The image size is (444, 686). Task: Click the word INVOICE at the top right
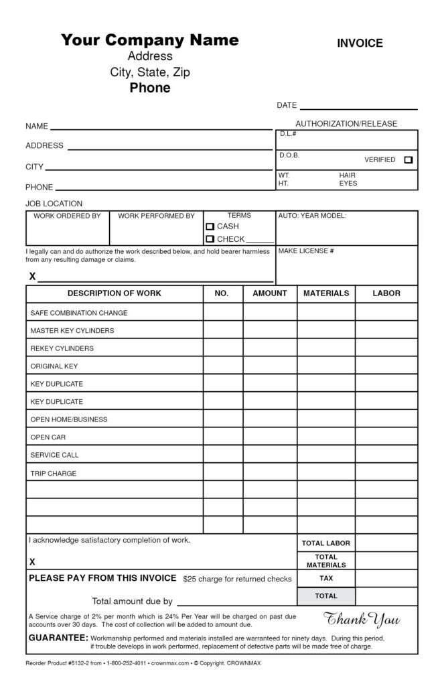(x=360, y=44)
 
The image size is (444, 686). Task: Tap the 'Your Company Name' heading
(x=150, y=40)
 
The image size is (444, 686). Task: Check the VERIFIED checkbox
(x=409, y=160)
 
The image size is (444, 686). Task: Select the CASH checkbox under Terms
(x=210, y=227)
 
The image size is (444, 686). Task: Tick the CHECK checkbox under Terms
(x=210, y=239)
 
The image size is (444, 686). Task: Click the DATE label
(x=287, y=106)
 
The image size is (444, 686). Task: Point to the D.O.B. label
(x=289, y=155)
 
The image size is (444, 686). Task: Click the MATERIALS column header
(x=326, y=293)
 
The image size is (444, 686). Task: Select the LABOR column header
(x=386, y=293)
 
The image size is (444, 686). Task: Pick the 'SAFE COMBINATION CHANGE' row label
(x=79, y=313)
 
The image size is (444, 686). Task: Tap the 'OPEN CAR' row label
(x=48, y=437)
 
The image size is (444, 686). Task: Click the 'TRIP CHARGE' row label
(x=54, y=474)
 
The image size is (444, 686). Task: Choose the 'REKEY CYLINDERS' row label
(x=62, y=348)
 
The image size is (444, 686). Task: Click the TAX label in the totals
(x=326, y=578)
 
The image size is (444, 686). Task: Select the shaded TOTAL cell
(x=326, y=596)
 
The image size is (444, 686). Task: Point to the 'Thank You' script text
(x=362, y=619)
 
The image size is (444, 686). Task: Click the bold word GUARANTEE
(x=58, y=638)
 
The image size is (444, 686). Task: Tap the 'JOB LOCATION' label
(x=54, y=204)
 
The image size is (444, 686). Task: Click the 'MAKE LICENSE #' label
(x=306, y=251)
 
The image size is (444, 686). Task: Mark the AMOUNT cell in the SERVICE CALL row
(x=270, y=455)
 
